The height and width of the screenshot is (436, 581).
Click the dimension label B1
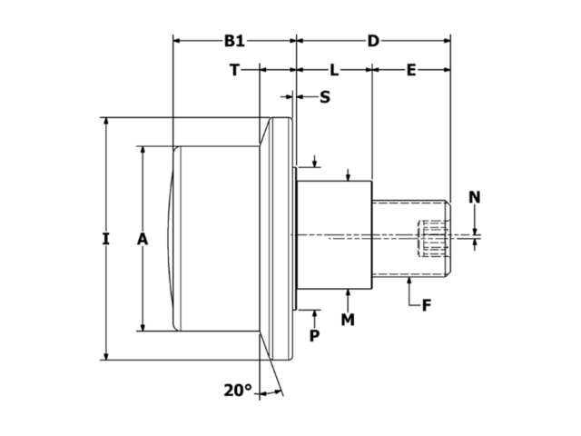(234, 41)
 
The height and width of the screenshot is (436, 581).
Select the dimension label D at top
(373, 41)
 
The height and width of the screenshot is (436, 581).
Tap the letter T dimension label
(234, 69)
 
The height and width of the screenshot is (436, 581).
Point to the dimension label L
(334, 69)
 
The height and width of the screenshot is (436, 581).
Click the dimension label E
(410, 69)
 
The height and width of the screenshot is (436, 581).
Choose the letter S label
(324, 96)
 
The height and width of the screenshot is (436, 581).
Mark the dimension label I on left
(106, 239)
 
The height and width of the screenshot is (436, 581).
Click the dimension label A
(142, 239)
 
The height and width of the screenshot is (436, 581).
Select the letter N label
(475, 197)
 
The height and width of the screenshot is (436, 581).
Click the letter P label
(314, 335)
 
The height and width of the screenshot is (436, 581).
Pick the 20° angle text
(237, 390)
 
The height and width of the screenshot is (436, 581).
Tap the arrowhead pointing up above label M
(350, 293)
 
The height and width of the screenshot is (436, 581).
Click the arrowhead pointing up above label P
(314, 313)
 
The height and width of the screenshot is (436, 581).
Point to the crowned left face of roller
(174, 238)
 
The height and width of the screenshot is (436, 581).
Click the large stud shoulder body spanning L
(334, 236)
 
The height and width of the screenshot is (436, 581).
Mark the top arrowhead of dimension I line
(106, 123)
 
